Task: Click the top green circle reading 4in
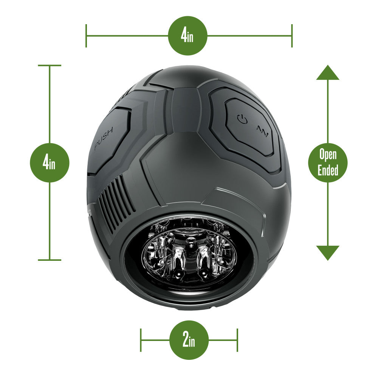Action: [x=187, y=36]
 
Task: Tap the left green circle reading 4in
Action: [x=50, y=163]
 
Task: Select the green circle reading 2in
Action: [x=189, y=340]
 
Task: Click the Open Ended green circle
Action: [x=328, y=163]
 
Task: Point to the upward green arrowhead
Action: [x=328, y=73]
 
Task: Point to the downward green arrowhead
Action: [x=328, y=253]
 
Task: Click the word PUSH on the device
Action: [x=105, y=140]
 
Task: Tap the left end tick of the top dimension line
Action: [x=86, y=36]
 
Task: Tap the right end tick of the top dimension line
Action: [x=292, y=36]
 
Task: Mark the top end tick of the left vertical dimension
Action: [x=50, y=65]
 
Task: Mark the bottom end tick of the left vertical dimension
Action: [x=50, y=260]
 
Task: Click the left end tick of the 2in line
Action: [x=141, y=340]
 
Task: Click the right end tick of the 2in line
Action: [x=237, y=340]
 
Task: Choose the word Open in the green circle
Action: [x=328, y=155]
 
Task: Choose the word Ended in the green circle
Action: [x=328, y=170]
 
